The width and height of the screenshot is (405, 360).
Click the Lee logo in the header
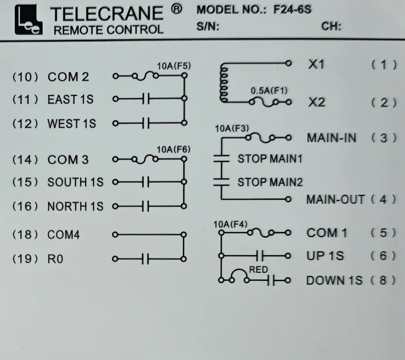pyautogui.click(x=28, y=20)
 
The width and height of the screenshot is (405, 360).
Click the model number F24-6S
pyautogui.click(x=292, y=10)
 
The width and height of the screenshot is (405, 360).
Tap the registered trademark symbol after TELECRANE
pyautogui.click(x=176, y=9)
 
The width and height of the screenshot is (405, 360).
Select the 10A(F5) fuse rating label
pyautogui.click(x=174, y=66)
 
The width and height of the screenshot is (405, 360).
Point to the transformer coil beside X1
pyautogui.click(x=224, y=83)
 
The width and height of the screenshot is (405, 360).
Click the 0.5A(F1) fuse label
pyautogui.click(x=269, y=91)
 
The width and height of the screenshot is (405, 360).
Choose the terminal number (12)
pyautogui.click(x=25, y=124)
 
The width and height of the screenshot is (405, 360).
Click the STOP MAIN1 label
pyautogui.click(x=270, y=159)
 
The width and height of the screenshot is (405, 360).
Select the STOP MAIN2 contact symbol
pyautogui.click(x=221, y=182)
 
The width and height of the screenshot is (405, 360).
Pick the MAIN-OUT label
pyautogui.click(x=335, y=200)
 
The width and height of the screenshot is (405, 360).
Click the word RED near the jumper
pyautogui.click(x=258, y=269)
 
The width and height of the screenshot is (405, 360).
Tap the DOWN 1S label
pyautogui.click(x=334, y=280)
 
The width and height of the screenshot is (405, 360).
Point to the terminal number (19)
pyautogui.click(x=25, y=259)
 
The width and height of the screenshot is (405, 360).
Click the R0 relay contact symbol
pyautogui.click(x=145, y=259)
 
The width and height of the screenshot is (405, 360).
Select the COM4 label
pyautogui.click(x=64, y=235)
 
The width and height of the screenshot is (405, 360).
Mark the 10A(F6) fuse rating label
pyautogui.click(x=174, y=150)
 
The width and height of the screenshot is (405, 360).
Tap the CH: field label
pyautogui.click(x=331, y=26)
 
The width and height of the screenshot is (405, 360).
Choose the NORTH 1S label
pyautogui.click(x=75, y=206)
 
